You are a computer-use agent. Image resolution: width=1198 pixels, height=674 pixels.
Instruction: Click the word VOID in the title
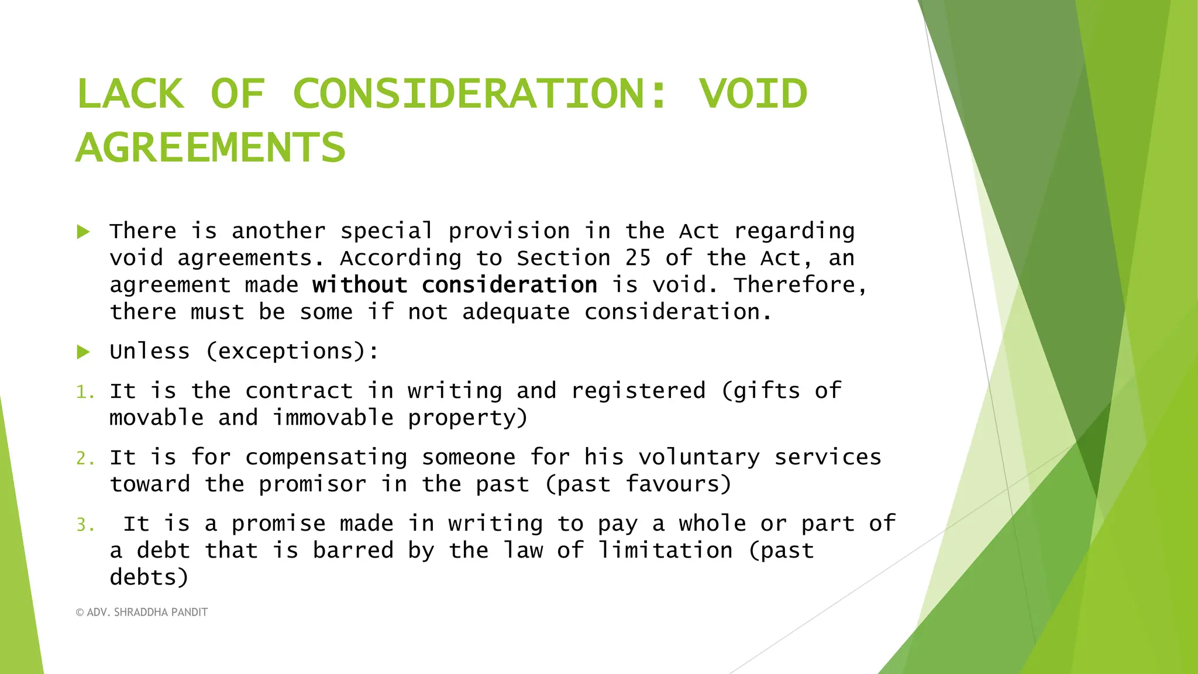753,94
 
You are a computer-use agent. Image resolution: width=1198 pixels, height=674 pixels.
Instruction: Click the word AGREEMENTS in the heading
211,147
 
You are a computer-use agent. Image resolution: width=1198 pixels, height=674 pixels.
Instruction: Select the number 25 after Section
638,258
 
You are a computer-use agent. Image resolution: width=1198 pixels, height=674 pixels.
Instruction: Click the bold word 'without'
360,285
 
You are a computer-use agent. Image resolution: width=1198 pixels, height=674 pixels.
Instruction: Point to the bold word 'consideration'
510,285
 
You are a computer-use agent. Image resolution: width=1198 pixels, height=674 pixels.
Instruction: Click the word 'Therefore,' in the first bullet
800,285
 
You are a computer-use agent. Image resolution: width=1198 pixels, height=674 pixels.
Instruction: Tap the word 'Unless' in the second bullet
150,352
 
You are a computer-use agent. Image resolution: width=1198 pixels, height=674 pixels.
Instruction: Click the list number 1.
85,392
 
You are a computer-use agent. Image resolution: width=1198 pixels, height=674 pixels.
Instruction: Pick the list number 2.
85,458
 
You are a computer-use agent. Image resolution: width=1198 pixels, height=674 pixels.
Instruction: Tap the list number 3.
85,525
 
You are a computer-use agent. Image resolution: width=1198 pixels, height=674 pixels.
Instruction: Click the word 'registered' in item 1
638,391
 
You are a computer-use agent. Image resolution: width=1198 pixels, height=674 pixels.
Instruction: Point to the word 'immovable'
333,418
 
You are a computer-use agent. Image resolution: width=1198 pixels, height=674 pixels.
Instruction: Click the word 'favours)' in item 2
679,484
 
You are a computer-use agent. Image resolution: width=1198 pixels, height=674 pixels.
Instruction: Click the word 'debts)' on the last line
149,577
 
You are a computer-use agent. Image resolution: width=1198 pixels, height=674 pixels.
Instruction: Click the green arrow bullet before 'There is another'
84,232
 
